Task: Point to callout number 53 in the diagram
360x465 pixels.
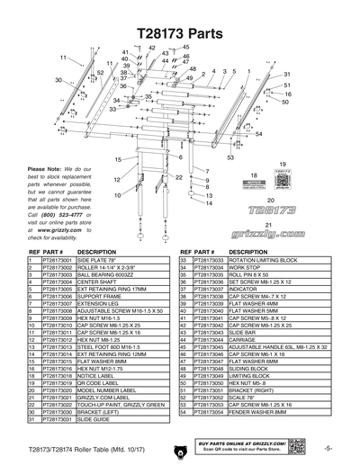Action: coord(232,157)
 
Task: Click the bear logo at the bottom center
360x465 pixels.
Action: coord(180,452)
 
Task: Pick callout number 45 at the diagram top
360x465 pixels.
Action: coord(186,46)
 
